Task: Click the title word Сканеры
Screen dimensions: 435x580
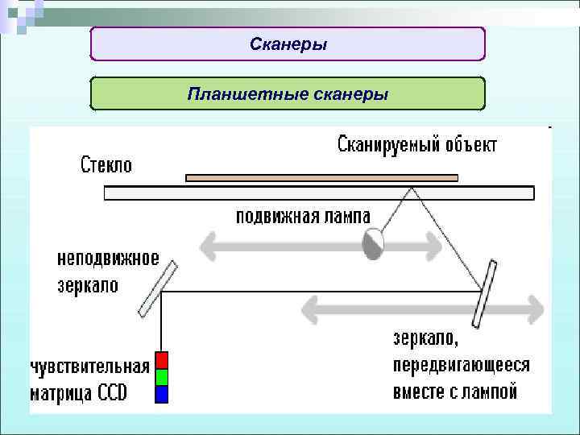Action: [288, 44]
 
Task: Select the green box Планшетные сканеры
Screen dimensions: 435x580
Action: [288, 94]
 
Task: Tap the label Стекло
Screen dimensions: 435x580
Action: [106, 165]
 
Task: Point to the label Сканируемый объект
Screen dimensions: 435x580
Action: [416, 145]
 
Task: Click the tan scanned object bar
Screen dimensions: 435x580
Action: [321, 177]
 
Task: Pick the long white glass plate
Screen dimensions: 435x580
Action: [319, 193]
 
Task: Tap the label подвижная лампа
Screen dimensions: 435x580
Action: [303, 217]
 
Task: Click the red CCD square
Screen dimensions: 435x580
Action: [162, 360]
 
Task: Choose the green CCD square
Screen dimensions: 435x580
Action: [162, 377]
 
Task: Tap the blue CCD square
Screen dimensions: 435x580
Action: [162, 394]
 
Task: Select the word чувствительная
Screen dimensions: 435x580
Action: [90, 367]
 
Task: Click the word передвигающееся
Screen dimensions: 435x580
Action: [462, 365]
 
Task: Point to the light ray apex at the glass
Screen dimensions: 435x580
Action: [412, 188]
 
